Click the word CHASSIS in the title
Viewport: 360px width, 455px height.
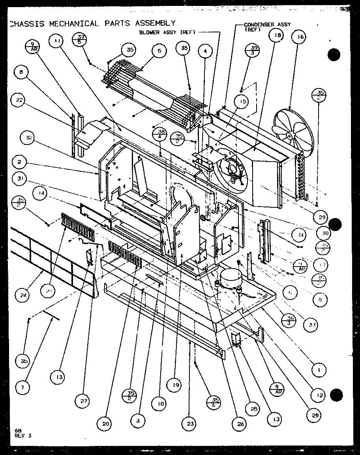27,23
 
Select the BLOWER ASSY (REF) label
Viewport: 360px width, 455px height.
167,32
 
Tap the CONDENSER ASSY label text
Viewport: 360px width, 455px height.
267,24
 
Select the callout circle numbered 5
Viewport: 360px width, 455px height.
159,51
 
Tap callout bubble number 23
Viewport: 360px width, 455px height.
190,424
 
